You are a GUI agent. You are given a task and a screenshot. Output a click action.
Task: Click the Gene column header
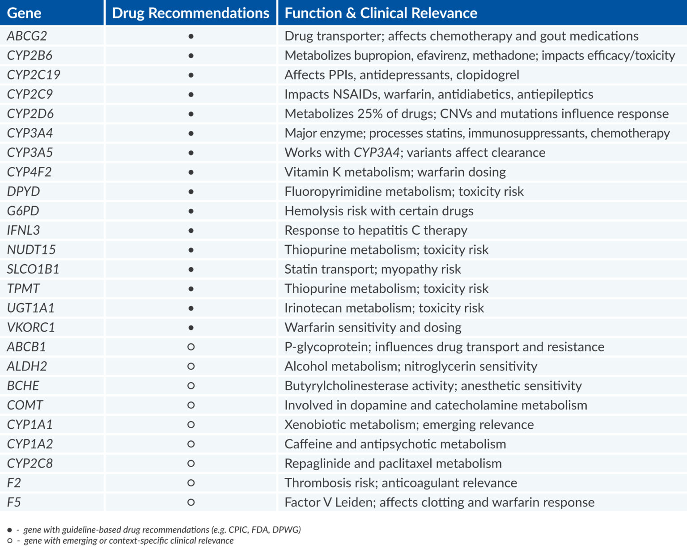tap(24, 13)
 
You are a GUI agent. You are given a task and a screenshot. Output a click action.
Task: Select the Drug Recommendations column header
tap(191, 13)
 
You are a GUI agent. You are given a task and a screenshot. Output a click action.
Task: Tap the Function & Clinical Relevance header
tap(381, 13)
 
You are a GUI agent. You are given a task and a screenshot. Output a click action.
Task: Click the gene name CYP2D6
tap(30, 114)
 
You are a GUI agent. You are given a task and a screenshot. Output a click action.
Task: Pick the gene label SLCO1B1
tap(33, 269)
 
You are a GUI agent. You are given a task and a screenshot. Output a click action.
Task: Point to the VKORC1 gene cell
tap(31, 327)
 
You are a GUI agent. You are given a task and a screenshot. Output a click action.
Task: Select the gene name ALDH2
tap(27, 366)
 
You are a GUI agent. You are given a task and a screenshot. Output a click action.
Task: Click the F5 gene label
tap(14, 502)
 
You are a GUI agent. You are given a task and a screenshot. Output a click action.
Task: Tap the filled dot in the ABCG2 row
tap(191, 36)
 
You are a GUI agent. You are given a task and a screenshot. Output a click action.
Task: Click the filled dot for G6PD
tap(191, 211)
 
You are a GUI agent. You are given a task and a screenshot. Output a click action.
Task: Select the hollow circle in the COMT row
tap(191, 405)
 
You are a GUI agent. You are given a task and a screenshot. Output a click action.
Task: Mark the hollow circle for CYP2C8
tap(191, 464)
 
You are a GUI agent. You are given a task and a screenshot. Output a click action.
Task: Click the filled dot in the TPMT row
tap(191, 289)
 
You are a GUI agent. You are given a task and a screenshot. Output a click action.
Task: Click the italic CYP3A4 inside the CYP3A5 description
tap(377, 152)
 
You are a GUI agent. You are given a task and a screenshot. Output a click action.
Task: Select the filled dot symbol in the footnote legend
tap(9, 530)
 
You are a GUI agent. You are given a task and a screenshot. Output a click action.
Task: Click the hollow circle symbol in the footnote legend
tap(9, 541)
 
